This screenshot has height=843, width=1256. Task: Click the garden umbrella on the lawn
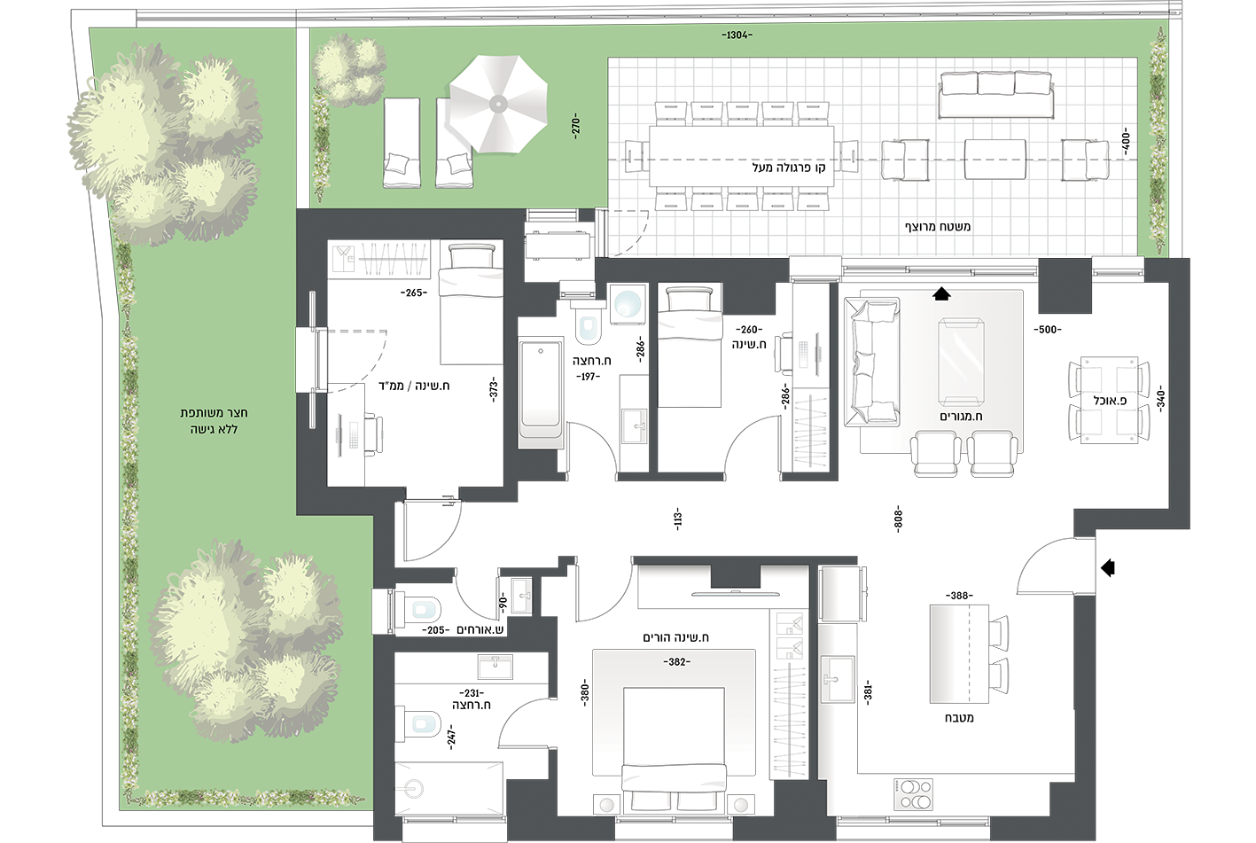click(498, 104)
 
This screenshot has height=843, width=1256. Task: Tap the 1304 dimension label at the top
click(737, 35)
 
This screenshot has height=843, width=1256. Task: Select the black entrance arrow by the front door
click(1107, 568)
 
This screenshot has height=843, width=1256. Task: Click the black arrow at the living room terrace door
click(941, 293)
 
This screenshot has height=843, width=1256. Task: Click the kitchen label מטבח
click(959, 717)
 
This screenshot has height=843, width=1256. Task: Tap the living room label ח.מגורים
click(961, 416)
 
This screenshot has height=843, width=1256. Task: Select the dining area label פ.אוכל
click(1110, 401)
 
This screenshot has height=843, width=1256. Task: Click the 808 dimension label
click(897, 519)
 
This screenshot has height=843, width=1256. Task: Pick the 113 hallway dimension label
click(677, 519)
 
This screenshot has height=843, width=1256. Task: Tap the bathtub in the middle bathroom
click(541, 393)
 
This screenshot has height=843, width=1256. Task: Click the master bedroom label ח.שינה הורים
click(675, 637)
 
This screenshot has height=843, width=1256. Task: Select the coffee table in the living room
click(962, 362)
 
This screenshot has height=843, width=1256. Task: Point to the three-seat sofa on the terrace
click(995, 94)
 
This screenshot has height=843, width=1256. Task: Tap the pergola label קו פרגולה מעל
click(788, 168)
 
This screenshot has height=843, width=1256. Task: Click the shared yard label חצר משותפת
click(214, 413)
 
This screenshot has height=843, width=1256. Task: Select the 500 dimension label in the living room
click(1048, 330)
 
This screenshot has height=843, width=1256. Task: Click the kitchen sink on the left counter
click(838, 680)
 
